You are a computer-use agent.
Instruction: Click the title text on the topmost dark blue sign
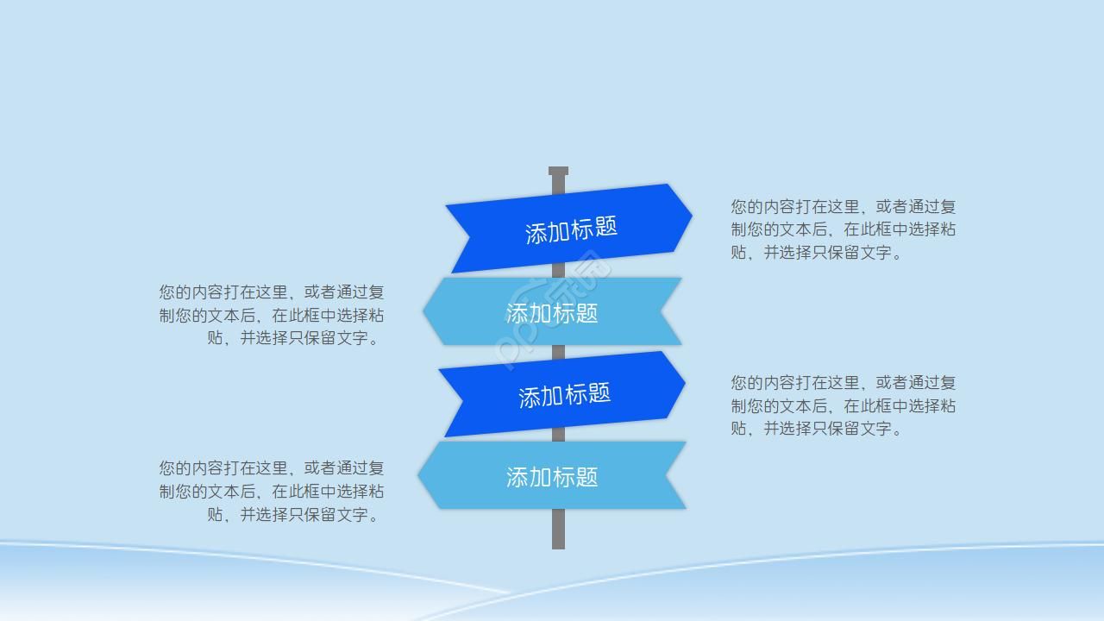(571, 229)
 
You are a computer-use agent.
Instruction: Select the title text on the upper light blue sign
(552, 312)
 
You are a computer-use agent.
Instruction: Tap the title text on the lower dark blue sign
(564, 395)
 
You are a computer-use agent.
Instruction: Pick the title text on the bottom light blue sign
(552, 477)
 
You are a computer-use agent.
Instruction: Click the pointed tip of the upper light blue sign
(424, 312)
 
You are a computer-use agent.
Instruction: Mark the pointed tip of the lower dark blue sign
(684, 384)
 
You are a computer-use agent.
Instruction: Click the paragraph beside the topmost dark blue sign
(843, 229)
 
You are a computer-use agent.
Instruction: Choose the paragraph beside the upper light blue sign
(271, 315)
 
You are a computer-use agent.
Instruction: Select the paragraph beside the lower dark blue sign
(843, 405)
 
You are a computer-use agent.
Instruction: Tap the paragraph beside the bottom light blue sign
(271, 492)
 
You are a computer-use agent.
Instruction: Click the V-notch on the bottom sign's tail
(667, 475)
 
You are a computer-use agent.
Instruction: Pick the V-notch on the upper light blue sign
(662, 310)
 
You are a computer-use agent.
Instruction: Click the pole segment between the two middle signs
(558, 352)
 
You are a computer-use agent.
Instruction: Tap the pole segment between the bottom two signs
(558, 435)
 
